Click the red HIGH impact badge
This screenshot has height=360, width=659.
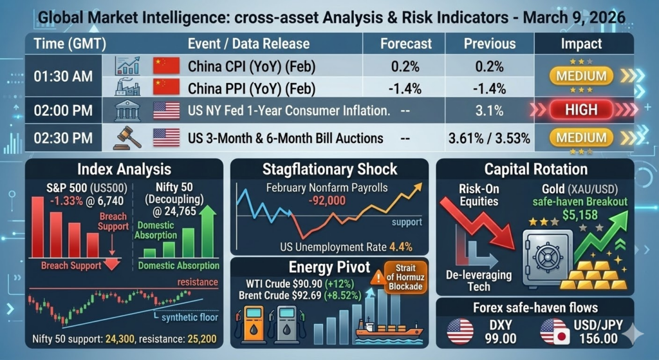(x=581, y=109)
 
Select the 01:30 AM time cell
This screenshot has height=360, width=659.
(x=63, y=75)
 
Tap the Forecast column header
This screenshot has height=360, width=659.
(x=405, y=44)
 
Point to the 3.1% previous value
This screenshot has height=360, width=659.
(x=490, y=110)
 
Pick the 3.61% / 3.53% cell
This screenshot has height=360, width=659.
(x=490, y=138)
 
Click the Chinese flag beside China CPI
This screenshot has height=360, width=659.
(x=165, y=66)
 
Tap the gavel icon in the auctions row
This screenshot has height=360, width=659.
(x=127, y=137)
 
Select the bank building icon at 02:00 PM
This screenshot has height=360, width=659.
(x=127, y=110)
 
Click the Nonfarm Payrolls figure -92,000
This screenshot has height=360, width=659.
(x=328, y=200)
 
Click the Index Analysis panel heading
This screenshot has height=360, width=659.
(x=124, y=169)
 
